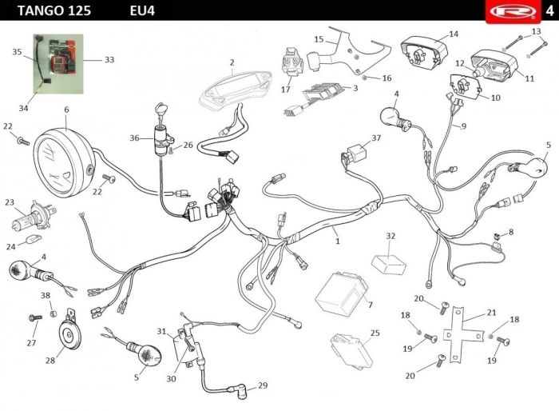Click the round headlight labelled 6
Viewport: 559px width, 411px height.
click(64, 164)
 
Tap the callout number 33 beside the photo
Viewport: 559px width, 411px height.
click(109, 60)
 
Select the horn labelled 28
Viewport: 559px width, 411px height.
click(69, 331)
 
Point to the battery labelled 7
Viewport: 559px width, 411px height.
click(341, 293)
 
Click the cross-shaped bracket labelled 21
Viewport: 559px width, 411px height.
click(462, 334)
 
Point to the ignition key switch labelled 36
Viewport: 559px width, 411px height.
click(162, 138)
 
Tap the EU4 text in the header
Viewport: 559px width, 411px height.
click(142, 10)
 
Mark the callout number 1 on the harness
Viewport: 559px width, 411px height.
click(338, 241)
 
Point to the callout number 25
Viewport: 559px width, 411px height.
click(375, 333)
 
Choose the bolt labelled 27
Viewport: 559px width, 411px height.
click(35, 317)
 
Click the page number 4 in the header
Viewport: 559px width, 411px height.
click(549, 10)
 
